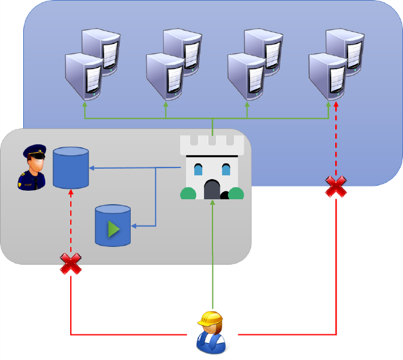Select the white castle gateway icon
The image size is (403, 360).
point(212,167)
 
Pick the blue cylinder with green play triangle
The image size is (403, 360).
point(113,226)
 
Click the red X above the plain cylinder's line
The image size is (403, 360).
point(71,265)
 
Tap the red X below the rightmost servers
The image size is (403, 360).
point(336,186)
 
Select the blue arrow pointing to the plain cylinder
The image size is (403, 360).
point(134,167)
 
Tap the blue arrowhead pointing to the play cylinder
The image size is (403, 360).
point(135,227)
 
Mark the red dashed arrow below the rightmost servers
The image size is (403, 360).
point(336,141)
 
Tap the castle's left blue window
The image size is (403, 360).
point(198,169)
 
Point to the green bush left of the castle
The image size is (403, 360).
point(188,193)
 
